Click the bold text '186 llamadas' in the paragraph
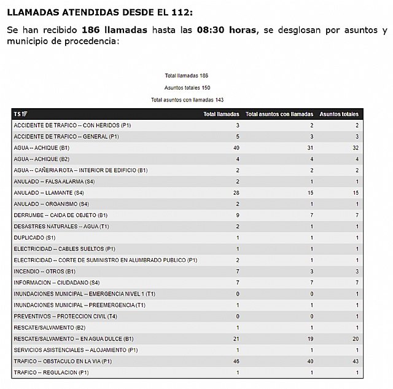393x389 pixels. coord(117,29)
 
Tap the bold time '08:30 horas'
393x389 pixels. coord(225,29)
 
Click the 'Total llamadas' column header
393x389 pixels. coord(221,114)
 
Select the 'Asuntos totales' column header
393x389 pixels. coord(339,114)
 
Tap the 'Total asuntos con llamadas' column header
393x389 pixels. coord(279,114)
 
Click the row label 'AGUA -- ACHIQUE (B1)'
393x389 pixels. coord(42,147)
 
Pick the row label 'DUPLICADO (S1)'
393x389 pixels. coord(34,237)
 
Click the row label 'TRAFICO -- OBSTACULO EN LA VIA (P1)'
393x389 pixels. coord(63,361)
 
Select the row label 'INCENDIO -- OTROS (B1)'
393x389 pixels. coord(44,271)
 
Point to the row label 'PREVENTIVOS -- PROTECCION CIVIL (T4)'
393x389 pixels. coord(64,316)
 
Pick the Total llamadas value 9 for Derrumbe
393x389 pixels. coord(237,215)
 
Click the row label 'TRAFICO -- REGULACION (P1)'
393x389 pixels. coord(51,372)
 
